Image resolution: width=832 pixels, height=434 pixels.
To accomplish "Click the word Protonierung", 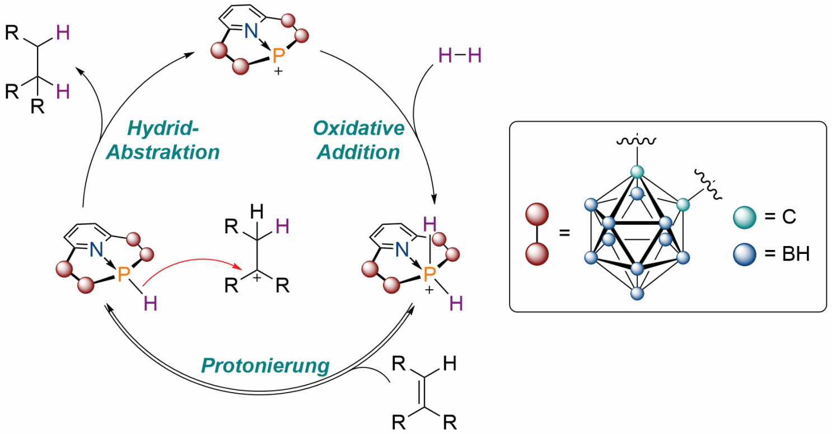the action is [x=265, y=366].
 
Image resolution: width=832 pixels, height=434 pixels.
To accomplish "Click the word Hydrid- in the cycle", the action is [x=163, y=128].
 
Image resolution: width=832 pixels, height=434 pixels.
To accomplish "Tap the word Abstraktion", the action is [x=163, y=152].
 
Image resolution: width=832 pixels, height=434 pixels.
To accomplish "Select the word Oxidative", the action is [x=358, y=128].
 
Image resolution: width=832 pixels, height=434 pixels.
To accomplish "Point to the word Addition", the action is [x=358, y=152].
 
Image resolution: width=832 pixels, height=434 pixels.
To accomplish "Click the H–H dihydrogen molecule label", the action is [x=460, y=55].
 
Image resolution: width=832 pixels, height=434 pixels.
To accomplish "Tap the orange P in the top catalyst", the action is [x=279, y=55].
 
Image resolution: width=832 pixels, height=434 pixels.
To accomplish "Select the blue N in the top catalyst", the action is [x=251, y=31].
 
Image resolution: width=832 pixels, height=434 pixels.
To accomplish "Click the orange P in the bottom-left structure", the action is [x=124, y=275].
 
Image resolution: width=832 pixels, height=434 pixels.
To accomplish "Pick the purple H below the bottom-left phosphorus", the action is [x=151, y=304].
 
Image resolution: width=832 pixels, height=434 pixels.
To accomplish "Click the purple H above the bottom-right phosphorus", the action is [x=430, y=224].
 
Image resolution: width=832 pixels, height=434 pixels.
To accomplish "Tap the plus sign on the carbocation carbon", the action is [x=257, y=277].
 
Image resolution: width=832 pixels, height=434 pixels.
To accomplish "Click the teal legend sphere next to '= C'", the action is [x=744, y=217].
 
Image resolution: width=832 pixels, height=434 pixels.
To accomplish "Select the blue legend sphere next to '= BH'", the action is [x=744, y=254].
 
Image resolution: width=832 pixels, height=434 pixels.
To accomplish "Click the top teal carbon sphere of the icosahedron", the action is [x=637, y=172].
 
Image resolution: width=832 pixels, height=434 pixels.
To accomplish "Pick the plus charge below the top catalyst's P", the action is [x=278, y=71].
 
